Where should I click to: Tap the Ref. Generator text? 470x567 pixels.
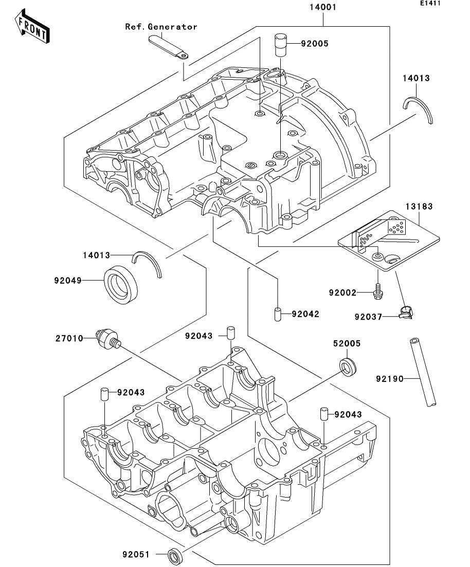point(161,27)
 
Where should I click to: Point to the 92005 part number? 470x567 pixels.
point(315,44)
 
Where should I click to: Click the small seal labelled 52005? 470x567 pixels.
point(349,366)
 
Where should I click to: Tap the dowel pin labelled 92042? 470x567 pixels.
point(277,314)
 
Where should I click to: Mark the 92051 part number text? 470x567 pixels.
point(136,555)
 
